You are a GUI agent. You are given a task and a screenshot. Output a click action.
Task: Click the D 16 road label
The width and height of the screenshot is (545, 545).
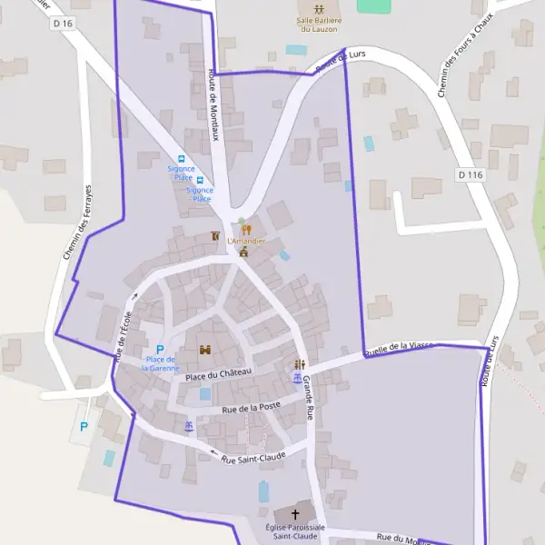(63, 23)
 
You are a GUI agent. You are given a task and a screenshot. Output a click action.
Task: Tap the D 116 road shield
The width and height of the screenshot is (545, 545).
(469, 173)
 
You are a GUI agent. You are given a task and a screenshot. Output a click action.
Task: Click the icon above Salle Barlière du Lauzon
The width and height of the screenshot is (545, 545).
(318, 8)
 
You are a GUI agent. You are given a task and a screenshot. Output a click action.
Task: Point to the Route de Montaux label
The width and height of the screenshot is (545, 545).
(214, 104)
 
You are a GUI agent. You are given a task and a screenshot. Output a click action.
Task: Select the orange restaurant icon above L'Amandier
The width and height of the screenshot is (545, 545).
(245, 229)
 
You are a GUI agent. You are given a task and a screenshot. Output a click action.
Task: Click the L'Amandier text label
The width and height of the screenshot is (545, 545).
(246, 241)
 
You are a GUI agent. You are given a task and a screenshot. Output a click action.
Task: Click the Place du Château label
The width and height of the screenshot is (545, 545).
(217, 374)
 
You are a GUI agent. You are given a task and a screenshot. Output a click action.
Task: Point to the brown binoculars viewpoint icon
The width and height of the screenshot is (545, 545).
(205, 350)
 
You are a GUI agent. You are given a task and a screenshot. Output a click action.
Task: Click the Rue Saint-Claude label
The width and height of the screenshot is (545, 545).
(253, 457)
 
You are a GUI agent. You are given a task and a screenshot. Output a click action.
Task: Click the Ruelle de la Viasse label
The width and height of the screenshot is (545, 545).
(399, 348)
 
